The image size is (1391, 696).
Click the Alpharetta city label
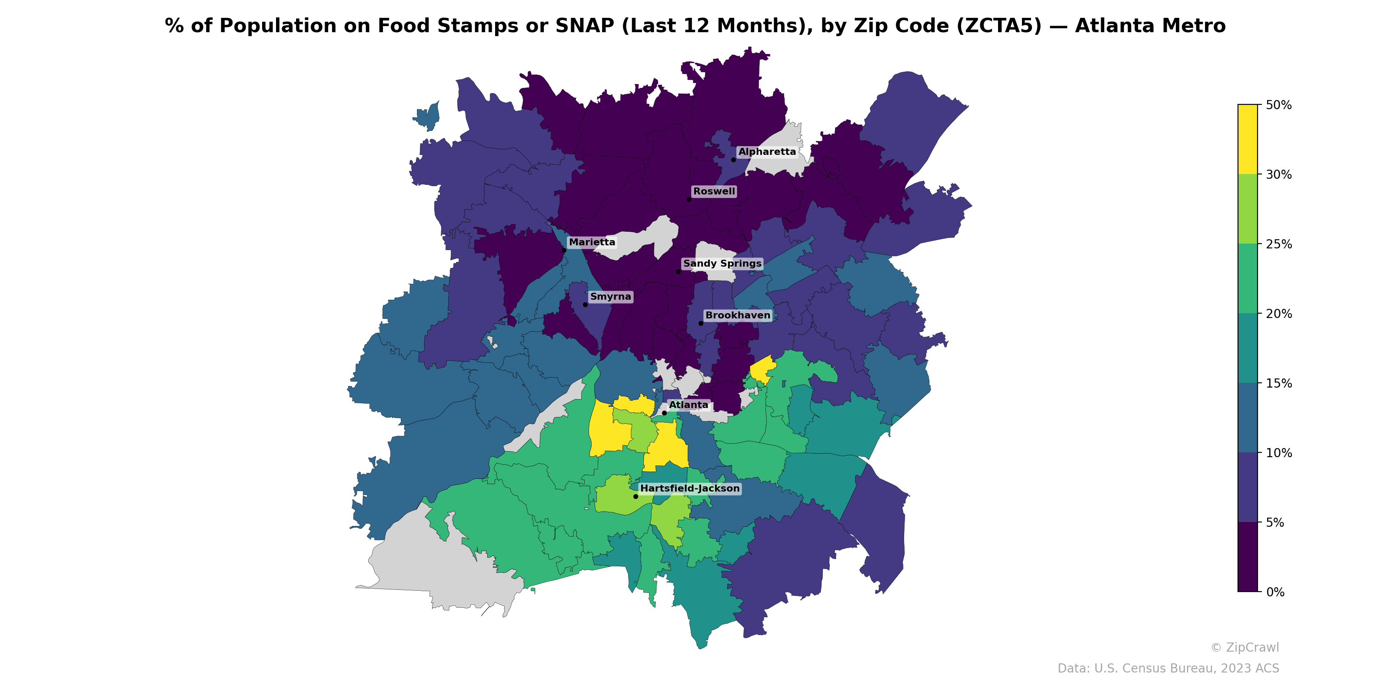coord(767,152)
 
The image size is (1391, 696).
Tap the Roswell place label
coord(714,191)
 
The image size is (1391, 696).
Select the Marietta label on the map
coord(592,242)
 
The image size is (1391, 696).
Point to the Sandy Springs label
coord(722,264)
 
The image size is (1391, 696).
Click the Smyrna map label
coord(610,297)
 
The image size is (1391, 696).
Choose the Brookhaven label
coord(738,315)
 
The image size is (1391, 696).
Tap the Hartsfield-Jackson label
coord(689,489)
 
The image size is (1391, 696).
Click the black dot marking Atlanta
coord(664,413)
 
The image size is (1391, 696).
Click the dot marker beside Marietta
coord(564,250)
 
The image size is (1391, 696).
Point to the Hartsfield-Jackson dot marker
coord(636,496)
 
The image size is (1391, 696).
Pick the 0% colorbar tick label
coord(1275,592)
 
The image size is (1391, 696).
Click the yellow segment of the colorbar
coord(1248,139)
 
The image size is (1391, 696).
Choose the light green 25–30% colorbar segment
coord(1248,209)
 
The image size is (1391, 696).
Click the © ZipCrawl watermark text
coord(1245,647)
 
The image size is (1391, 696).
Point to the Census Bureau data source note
coord(1168,669)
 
